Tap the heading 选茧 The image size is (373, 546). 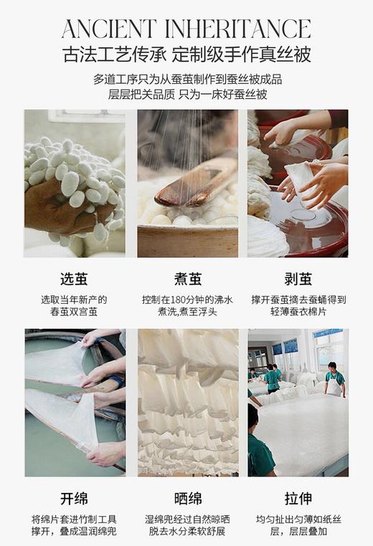(75, 279)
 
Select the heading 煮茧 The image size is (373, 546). (187, 279)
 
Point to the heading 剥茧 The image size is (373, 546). (298, 279)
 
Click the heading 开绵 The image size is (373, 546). (75, 498)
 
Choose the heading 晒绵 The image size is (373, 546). (187, 498)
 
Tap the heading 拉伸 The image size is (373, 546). (298, 498)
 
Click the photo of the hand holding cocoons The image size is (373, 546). (75, 183)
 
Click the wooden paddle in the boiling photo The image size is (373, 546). (194, 183)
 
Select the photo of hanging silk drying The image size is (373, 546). (187, 403)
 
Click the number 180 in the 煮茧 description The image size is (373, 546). (179, 300)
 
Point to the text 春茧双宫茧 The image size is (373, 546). (75, 312)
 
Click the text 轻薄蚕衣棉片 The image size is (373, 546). (298, 312)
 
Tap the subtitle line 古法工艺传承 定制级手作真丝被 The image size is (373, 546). (186, 54)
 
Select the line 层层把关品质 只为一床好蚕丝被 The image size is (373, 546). (186, 94)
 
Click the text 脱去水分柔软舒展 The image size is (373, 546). (187, 532)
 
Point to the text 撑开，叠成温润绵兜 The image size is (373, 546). (75, 532)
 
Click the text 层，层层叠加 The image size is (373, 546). (298, 532)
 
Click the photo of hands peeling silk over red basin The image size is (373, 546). (298, 183)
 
